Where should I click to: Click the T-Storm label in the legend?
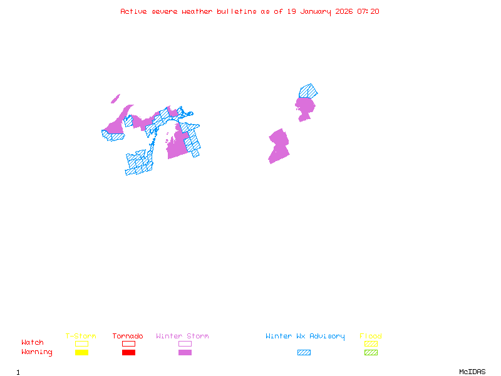click(x=81, y=337)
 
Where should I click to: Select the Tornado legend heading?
click(x=128, y=337)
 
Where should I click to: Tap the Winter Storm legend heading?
click(x=182, y=337)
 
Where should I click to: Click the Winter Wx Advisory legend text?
click(x=305, y=337)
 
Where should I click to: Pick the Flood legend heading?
click(x=371, y=337)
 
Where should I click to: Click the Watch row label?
click(x=33, y=343)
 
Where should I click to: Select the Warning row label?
click(x=37, y=352)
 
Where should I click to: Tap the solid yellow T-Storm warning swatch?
click(x=81, y=353)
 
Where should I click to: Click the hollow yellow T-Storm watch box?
click(x=81, y=343)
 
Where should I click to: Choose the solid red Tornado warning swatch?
click(x=128, y=353)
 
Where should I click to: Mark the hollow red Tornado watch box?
click(x=128, y=343)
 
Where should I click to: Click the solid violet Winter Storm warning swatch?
click(x=185, y=353)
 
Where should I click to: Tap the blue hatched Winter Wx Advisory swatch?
click(x=304, y=353)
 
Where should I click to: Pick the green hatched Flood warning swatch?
click(x=371, y=353)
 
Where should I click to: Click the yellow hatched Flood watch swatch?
click(x=371, y=343)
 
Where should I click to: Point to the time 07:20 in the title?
click(x=368, y=11)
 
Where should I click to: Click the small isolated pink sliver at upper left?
click(x=115, y=98)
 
